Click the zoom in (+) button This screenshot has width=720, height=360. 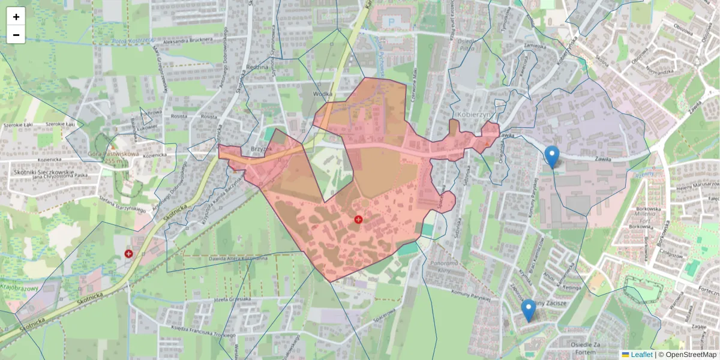click(x=16, y=17)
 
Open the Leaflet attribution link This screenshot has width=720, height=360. click(x=641, y=355)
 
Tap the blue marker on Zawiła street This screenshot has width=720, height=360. click(x=552, y=157)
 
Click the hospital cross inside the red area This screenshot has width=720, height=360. click(x=359, y=220)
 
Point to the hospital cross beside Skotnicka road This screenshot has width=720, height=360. click(x=128, y=254)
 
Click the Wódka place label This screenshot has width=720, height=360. click(x=322, y=94)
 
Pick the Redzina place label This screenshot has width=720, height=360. click(x=257, y=68)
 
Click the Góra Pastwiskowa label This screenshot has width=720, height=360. click(x=114, y=154)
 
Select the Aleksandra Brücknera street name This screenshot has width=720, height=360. click(x=187, y=40)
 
